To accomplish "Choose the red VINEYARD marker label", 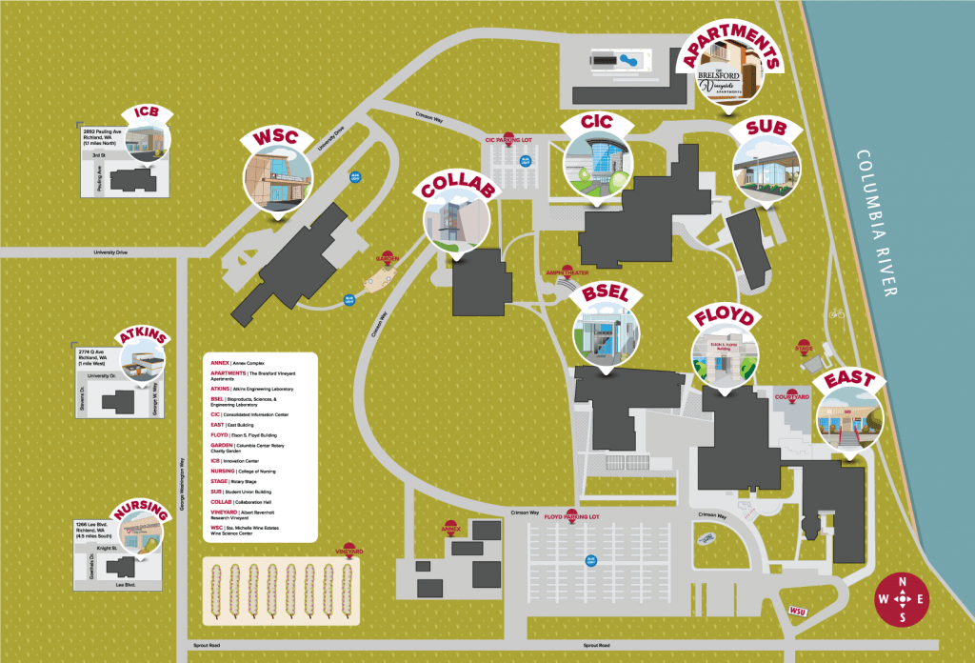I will [349, 551].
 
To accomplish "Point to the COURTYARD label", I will [792, 395].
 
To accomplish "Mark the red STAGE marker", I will [803, 349].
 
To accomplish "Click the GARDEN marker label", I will [387, 258].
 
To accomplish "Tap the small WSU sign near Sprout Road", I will [798, 611].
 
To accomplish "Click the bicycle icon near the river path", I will [837, 312].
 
